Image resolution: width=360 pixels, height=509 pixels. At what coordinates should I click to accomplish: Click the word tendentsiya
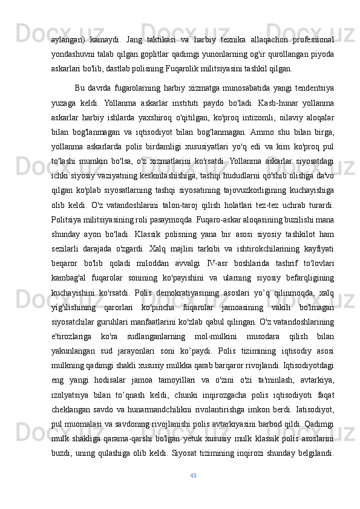click(309, 90)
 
